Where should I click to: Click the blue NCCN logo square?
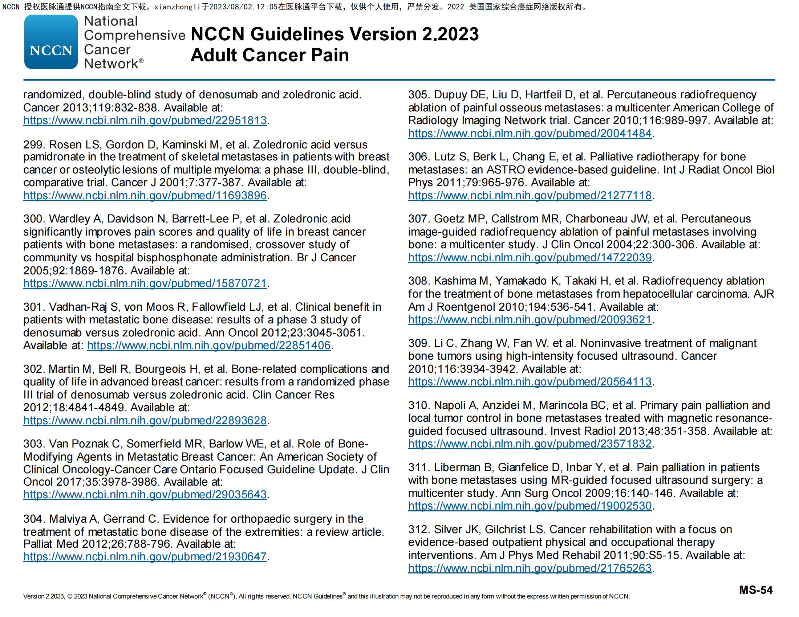point(51,42)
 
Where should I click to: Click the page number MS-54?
point(755,590)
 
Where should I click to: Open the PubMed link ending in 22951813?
point(145,120)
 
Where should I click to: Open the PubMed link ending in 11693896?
point(145,196)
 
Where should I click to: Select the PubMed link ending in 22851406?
point(208,346)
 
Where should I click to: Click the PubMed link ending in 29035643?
point(145,495)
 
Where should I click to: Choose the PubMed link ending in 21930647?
point(145,557)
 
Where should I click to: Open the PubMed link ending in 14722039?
point(530,258)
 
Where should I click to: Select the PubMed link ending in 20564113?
point(530,382)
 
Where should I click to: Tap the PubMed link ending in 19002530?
point(530,506)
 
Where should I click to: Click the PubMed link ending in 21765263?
point(530,568)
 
